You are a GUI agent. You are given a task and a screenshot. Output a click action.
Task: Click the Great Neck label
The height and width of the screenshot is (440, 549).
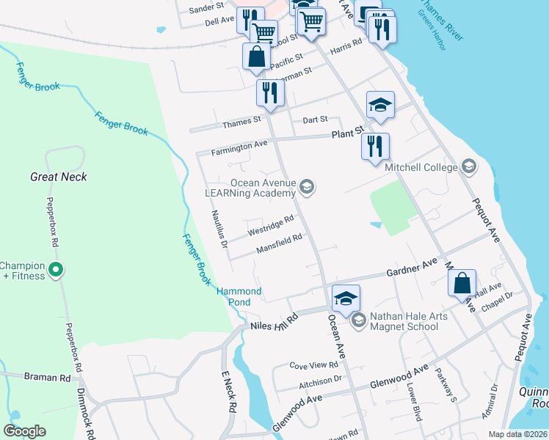(x=59, y=177)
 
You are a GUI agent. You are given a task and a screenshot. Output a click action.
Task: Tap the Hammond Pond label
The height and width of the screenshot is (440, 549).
(x=239, y=296)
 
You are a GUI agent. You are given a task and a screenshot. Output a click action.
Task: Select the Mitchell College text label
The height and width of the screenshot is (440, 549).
(x=421, y=167)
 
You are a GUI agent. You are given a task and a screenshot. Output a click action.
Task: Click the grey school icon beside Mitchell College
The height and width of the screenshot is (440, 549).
(x=468, y=168)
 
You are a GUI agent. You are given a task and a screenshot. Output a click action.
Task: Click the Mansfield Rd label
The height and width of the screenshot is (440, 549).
(x=279, y=244)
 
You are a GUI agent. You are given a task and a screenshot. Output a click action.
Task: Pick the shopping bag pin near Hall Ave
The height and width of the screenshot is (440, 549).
(x=462, y=283)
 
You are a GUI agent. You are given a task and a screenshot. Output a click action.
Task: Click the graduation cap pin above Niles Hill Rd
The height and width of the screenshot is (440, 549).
(x=346, y=298)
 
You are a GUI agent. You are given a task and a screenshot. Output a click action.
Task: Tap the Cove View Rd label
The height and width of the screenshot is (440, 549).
(x=313, y=364)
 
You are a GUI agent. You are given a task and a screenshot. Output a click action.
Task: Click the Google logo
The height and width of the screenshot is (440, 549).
(x=25, y=431)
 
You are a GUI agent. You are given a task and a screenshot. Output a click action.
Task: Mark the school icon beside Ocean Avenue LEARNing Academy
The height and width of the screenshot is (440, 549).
(x=308, y=188)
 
